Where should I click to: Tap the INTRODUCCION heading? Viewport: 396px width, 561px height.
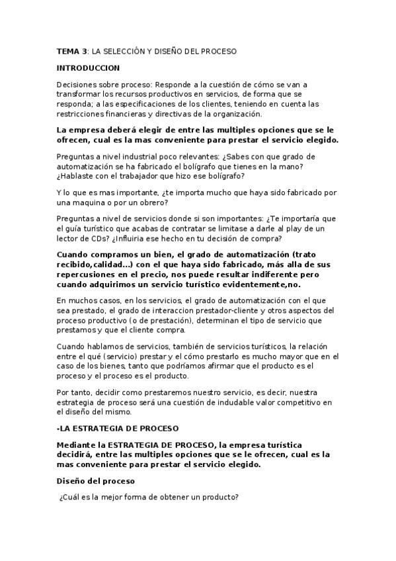88,67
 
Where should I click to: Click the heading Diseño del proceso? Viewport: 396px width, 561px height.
95,480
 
